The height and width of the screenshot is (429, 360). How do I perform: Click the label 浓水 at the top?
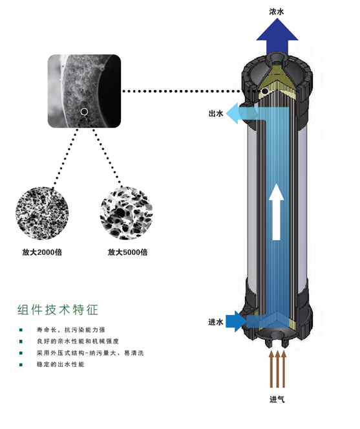pos(277,12)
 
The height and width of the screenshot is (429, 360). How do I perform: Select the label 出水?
pos(216,113)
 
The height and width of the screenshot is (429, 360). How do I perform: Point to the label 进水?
pos(216,322)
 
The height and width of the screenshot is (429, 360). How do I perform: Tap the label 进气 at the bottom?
pos(277,399)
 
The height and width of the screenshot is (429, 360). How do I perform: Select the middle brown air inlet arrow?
pos(277,369)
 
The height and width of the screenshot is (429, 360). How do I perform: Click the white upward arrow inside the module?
pos(277,212)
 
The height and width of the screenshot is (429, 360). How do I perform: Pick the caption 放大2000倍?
pos(42,252)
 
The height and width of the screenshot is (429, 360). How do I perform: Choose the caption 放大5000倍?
pos(128,252)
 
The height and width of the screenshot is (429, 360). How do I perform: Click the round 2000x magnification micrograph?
pos(42,214)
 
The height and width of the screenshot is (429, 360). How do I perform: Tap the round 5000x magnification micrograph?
pos(127,214)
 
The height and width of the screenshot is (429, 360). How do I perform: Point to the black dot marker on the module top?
pos(264,91)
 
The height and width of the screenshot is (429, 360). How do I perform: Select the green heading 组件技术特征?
pos(58,309)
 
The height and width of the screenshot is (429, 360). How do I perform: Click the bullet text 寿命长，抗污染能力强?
pos(71,330)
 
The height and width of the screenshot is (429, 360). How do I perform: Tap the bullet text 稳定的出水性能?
pos(60,364)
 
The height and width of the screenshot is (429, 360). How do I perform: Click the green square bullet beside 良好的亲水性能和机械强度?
pos(21,342)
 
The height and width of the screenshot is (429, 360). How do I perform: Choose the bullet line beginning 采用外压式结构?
pos(90,353)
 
